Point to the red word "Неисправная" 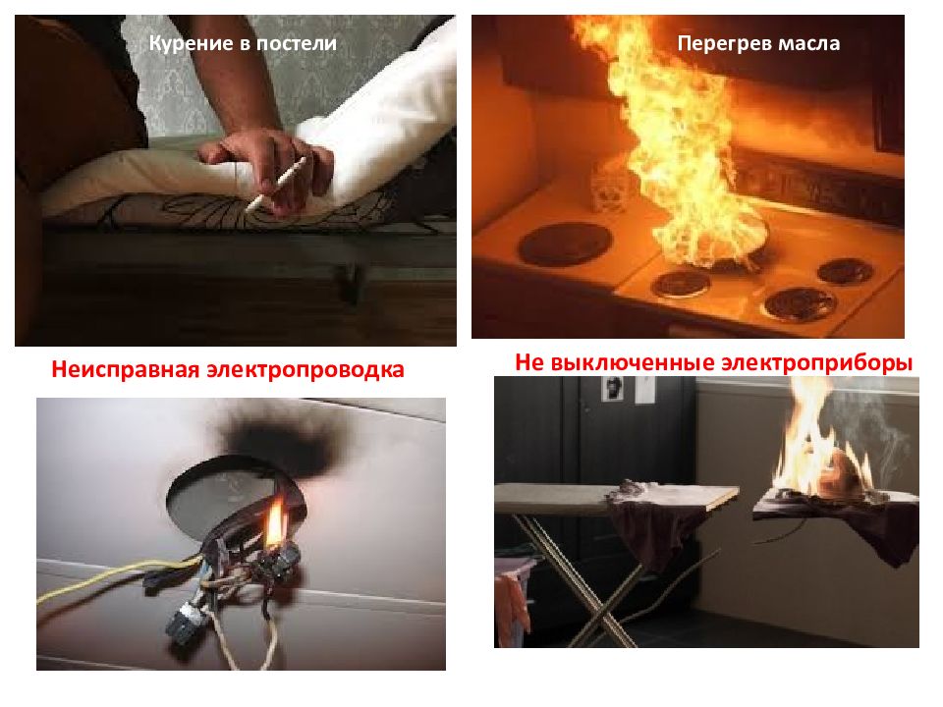(x=126, y=369)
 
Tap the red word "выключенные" (x=631, y=363)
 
